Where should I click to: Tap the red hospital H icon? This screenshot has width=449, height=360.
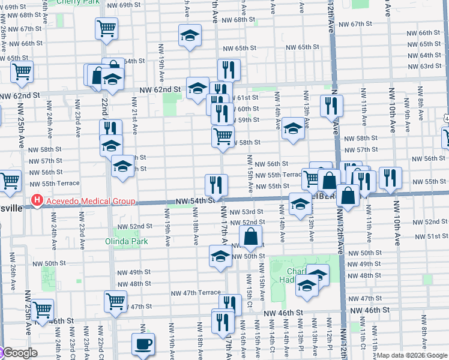tap(37, 201)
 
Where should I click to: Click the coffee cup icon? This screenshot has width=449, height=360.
tap(143, 344)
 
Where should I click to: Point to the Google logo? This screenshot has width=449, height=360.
tap(19, 353)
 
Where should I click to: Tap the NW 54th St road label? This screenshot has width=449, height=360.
tap(195, 201)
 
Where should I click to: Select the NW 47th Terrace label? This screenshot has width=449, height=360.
tap(196, 293)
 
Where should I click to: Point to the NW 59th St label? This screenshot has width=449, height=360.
tap(247, 120)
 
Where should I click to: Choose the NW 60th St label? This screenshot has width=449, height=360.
tap(247, 109)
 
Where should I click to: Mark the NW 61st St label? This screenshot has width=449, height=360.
tap(246, 97)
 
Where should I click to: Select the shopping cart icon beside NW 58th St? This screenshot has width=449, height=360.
tap(223, 136)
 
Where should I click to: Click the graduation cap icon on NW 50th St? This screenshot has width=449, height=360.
tap(220, 256)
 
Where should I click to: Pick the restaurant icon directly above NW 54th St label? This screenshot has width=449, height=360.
tap(216, 184)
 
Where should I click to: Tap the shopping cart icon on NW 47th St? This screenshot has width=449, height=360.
tap(115, 301)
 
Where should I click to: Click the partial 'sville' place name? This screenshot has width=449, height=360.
tap(11, 208)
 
